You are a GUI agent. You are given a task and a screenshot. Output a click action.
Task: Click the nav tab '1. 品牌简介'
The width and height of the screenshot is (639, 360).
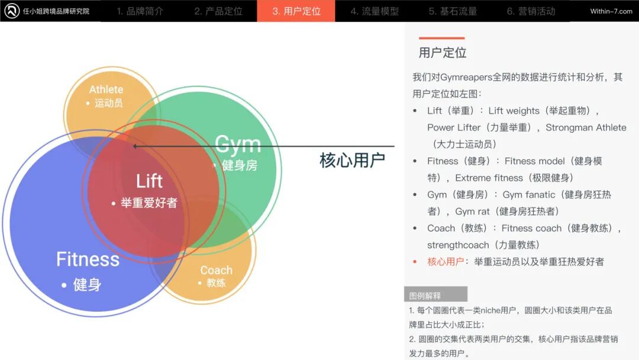pyautogui.click(x=140, y=11)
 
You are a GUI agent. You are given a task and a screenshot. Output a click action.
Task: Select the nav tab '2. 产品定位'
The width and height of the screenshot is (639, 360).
pyautogui.click(x=218, y=11)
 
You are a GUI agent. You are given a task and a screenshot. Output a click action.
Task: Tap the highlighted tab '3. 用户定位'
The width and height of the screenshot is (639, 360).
pyautogui.click(x=296, y=11)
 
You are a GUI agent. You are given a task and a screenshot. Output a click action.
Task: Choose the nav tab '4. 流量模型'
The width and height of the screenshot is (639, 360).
pyautogui.click(x=375, y=11)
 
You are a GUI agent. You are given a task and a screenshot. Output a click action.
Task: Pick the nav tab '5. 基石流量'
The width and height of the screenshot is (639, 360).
pyautogui.click(x=453, y=11)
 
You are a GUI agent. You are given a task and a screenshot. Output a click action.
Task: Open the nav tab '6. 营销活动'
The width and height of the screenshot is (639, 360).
pyautogui.click(x=531, y=11)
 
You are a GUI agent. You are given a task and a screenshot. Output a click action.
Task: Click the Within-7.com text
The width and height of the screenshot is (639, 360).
pyautogui.click(x=611, y=11)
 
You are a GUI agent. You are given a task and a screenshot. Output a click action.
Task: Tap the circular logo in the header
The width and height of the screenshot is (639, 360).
pyautogui.click(x=12, y=11)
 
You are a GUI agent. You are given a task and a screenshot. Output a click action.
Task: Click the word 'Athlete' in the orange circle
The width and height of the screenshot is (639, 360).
pyautogui.click(x=106, y=89)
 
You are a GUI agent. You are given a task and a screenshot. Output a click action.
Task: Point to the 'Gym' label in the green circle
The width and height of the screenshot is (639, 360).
pyautogui.click(x=237, y=144)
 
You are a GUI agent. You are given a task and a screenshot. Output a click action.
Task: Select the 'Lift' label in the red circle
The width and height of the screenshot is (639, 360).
pyautogui.click(x=149, y=181)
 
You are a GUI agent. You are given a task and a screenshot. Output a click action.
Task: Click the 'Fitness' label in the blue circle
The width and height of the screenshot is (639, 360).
pyautogui.click(x=88, y=259)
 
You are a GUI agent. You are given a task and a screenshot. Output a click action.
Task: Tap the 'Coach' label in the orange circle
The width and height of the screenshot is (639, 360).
pyautogui.click(x=216, y=270)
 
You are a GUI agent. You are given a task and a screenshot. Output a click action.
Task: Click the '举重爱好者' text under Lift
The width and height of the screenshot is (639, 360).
pyautogui.click(x=149, y=203)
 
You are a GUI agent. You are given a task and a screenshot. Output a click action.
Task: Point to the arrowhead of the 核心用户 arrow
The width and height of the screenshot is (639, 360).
pyautogui.click(x=135, y=146)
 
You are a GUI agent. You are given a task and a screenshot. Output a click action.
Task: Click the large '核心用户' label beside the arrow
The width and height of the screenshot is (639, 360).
pyautogui.click(x=352, y=160)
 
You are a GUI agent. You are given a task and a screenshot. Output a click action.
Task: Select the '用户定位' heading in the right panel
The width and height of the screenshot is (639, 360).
pyautogui.click(x=443, y=53)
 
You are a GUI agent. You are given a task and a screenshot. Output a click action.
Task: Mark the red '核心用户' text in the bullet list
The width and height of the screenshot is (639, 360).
pyautogui.click(x=446, y=262)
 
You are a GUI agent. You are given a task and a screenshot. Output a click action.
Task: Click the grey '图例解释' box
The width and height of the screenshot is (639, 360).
pyautogui.click(x=435, y=295)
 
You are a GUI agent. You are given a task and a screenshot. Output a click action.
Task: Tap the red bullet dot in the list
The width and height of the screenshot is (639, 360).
pyautogui.click(x=415, y=262)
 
